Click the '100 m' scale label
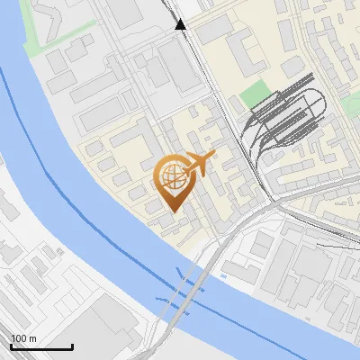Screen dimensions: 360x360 tap(24, 337)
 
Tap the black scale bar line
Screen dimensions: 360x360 tap(41, 346)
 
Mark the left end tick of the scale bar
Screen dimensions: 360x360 tap(11, 345)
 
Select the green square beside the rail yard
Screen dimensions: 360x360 tap(256, 92)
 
